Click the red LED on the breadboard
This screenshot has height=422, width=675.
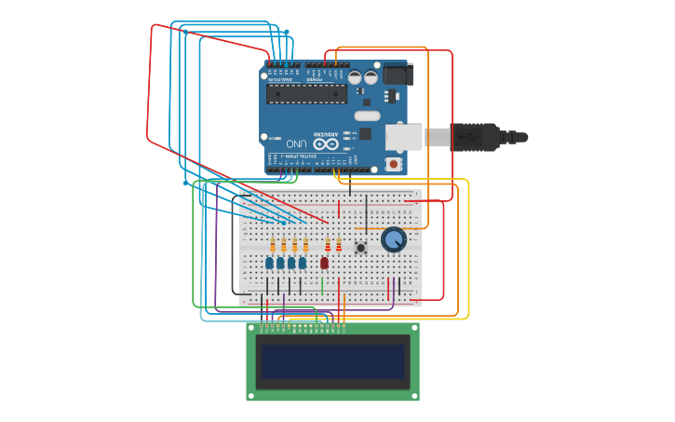pyautogui.click(x=324, y=263)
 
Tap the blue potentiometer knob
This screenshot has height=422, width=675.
pyautogui.click(x=394, y=239)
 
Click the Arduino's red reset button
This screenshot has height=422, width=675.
pyautogui.click(x=394, y=164)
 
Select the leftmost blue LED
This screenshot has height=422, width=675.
pyautogui.click(x=269, y=263)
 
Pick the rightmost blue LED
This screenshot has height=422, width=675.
pyautogui.click(x=302, y=263)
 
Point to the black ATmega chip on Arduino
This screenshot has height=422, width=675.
pyautogui.click(x=306, y=93)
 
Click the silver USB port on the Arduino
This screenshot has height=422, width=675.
pyautogui.click(x=404, y=138)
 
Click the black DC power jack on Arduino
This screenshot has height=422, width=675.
pyautogui.click(x=398, y=74)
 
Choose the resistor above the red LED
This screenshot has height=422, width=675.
pyautogui.click(x=328, y=245)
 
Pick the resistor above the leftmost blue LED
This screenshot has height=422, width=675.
pyautogui.click(x=273, y=245)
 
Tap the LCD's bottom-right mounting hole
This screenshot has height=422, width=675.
pyautogui.click(x=414, y=396)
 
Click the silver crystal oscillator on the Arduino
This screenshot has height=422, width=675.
pyautogui.click(x=367, y=116)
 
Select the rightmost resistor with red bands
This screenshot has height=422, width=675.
pyautogui.click(x=339, y=245)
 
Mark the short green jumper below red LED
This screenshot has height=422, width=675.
pyautogui.click(x=322, y=286)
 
